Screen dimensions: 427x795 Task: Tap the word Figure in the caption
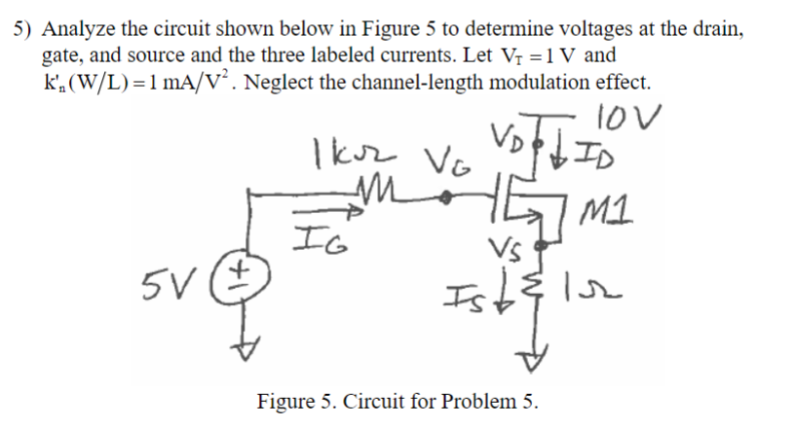tap(287, 400)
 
